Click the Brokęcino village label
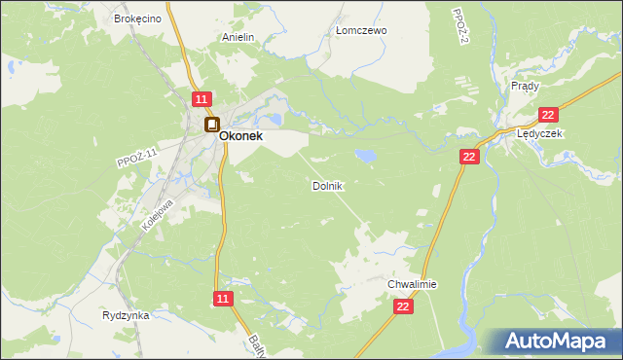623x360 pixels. coord(135,18)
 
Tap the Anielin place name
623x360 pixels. coord(238,38)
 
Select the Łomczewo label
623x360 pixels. coord(361,30)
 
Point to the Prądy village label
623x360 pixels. coord(525,86)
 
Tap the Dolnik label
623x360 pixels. coord(327,185)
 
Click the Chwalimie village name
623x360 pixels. coord(413,284)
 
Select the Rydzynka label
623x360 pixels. coord(125,315)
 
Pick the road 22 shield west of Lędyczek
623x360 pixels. coord(469,157)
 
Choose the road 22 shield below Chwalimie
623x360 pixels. coord(404,306)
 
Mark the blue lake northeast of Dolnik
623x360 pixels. coord(367,155)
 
